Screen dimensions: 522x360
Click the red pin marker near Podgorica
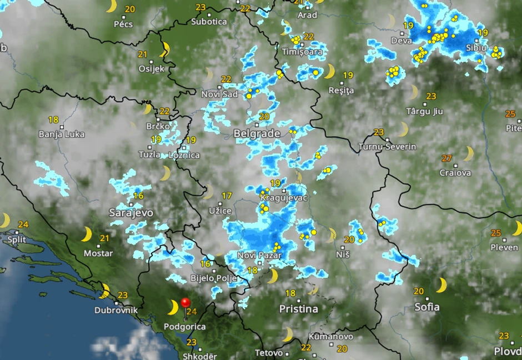[x=185, y=303]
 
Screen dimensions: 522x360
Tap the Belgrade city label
[x=257, y=134]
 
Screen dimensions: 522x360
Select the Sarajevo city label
[x=131, y=213]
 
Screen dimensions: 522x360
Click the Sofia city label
[x=426, y=307]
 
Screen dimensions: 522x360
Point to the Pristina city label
[x=298, y=308]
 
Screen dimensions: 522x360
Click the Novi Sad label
[x=220, y=94]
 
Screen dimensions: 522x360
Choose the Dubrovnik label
[x=116, y=311]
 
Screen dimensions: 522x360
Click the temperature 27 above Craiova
[x=446, y=158]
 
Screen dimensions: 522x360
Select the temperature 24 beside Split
[x=23, y=225]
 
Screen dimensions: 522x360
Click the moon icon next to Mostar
[x=87, y=234]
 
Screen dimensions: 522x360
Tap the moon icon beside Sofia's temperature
[x=441, y=285]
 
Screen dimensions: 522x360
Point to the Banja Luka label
[x=62, y=134]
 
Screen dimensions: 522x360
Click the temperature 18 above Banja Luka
[x=53, y=119]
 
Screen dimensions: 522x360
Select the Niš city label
[x=343, y=254]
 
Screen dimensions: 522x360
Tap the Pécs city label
[x=123, y=24]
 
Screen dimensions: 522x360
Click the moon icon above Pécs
[x=112, y=6]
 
